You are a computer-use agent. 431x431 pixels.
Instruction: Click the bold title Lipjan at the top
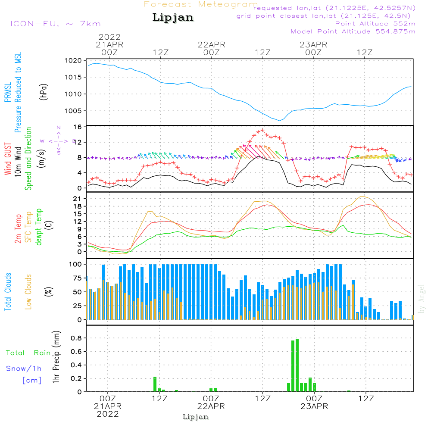point(173,17)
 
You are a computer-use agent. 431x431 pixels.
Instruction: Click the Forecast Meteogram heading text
point(201,4)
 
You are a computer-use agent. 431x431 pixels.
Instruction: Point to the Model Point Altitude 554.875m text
point(353,31)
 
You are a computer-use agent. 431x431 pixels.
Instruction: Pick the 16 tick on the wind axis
point(78,127)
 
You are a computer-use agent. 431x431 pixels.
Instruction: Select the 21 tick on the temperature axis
point(78,199)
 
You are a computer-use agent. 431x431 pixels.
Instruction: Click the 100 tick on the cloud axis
point(76,264)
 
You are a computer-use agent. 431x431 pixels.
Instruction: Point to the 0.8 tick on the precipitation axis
point(77,338)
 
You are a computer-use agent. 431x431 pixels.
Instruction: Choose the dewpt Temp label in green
point(39,227)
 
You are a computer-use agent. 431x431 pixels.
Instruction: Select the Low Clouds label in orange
point(28,292)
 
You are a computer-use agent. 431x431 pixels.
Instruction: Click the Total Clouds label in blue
point(8,292)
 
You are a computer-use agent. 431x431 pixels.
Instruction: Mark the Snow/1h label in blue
point(24,369)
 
